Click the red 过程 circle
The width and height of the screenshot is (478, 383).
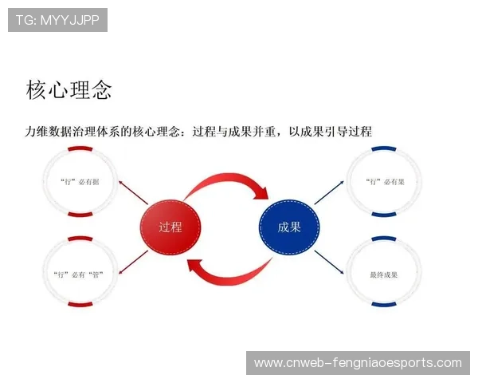pyautogui.click(x=170, y=227)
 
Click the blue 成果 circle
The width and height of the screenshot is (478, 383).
pyautogui.click(x=289, y=227)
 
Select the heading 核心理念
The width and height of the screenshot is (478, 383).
pyautogui.click(x=69, y=89)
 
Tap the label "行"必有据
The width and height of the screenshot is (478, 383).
pyautogui.click(x=80, y=181)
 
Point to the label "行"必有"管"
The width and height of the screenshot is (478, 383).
pyautogui.click(x=80, y=274)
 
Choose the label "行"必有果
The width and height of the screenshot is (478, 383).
pyautogui.click(x=384, y=181)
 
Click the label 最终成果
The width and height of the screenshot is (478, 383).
pyautogui.click(x=384, y=274)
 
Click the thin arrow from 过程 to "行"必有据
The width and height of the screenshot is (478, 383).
pyautogui.click(x=133, y=193)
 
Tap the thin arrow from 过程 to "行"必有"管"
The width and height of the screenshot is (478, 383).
pyautogui.click(x=133, y=261)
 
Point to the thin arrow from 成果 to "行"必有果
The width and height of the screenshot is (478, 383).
pyautogui.click(x=327, y=193)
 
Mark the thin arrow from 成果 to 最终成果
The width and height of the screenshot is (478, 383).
pyautogui.click(x=328, y=261)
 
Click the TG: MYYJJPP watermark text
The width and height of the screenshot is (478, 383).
pyautogui.click(x=57, y=20)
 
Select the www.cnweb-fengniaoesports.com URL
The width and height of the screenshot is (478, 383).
pyautogui.click(x=358, y=363)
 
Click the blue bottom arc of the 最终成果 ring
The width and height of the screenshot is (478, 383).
pyautogui.click(x=384, y=306)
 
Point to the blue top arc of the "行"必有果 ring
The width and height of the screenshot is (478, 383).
pyautogui.click(x=384, y=148)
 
